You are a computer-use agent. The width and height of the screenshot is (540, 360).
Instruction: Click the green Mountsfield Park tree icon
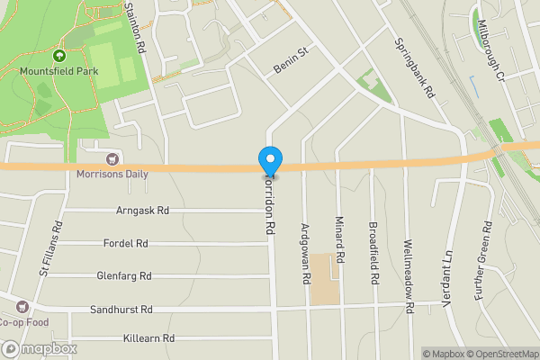tap(62, 54)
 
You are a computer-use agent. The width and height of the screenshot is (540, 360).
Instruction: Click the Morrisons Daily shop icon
tap(112, 159)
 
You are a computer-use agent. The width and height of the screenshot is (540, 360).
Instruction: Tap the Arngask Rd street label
tap(143, 211)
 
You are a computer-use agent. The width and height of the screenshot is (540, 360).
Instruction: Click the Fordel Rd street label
tap(126, 243)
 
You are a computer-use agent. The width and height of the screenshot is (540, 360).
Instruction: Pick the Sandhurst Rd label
tap(121, 310)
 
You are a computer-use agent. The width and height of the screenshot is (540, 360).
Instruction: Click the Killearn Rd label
tap(148, 339)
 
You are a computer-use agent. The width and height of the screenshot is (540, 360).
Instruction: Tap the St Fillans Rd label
tap(50, 248)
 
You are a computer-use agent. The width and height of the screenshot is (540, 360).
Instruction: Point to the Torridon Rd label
tap(269, 204)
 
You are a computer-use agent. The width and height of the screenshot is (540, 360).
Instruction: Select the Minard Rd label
tap(340, 244)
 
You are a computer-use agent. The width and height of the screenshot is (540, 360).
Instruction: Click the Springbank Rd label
tap(415, 67)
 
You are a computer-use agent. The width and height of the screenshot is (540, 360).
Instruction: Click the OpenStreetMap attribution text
tap(494, 354)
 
